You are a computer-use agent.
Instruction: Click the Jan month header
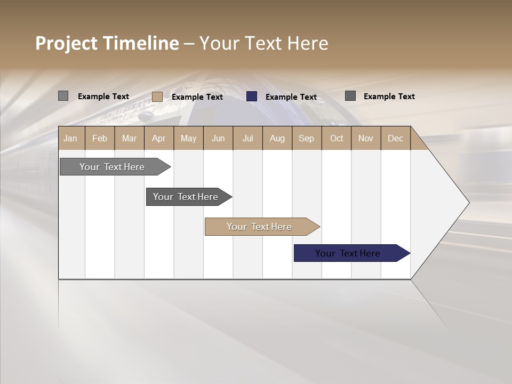pos(70,138)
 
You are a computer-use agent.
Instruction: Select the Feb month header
pos(100,138)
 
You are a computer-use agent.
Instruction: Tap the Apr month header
pos(158,138)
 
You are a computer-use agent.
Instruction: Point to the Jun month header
pos(218,138)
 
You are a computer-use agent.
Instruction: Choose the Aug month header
pos(277,138)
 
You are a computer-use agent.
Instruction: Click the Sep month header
pos(307,138)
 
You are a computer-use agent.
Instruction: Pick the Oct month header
pos(337,138)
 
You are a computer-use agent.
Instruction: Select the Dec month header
pos(395,138)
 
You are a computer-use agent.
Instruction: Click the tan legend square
pos(157,97)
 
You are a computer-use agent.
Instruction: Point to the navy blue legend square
pos(252,97)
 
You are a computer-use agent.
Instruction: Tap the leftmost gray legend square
pos(63,96)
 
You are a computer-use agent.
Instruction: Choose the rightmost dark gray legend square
pos(350,96)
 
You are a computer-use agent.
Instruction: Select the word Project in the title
pos(67,43)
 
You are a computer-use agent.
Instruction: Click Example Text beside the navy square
pos(291,97)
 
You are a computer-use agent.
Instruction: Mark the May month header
pos(188,138)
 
